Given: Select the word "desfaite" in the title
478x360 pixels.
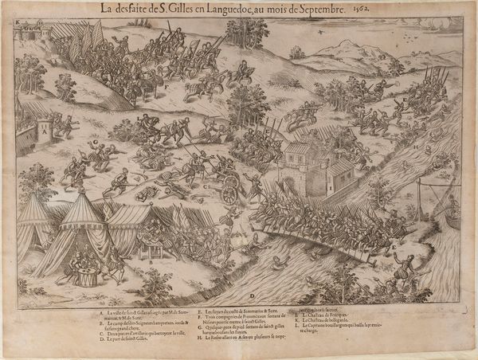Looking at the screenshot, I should coord(138,9).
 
